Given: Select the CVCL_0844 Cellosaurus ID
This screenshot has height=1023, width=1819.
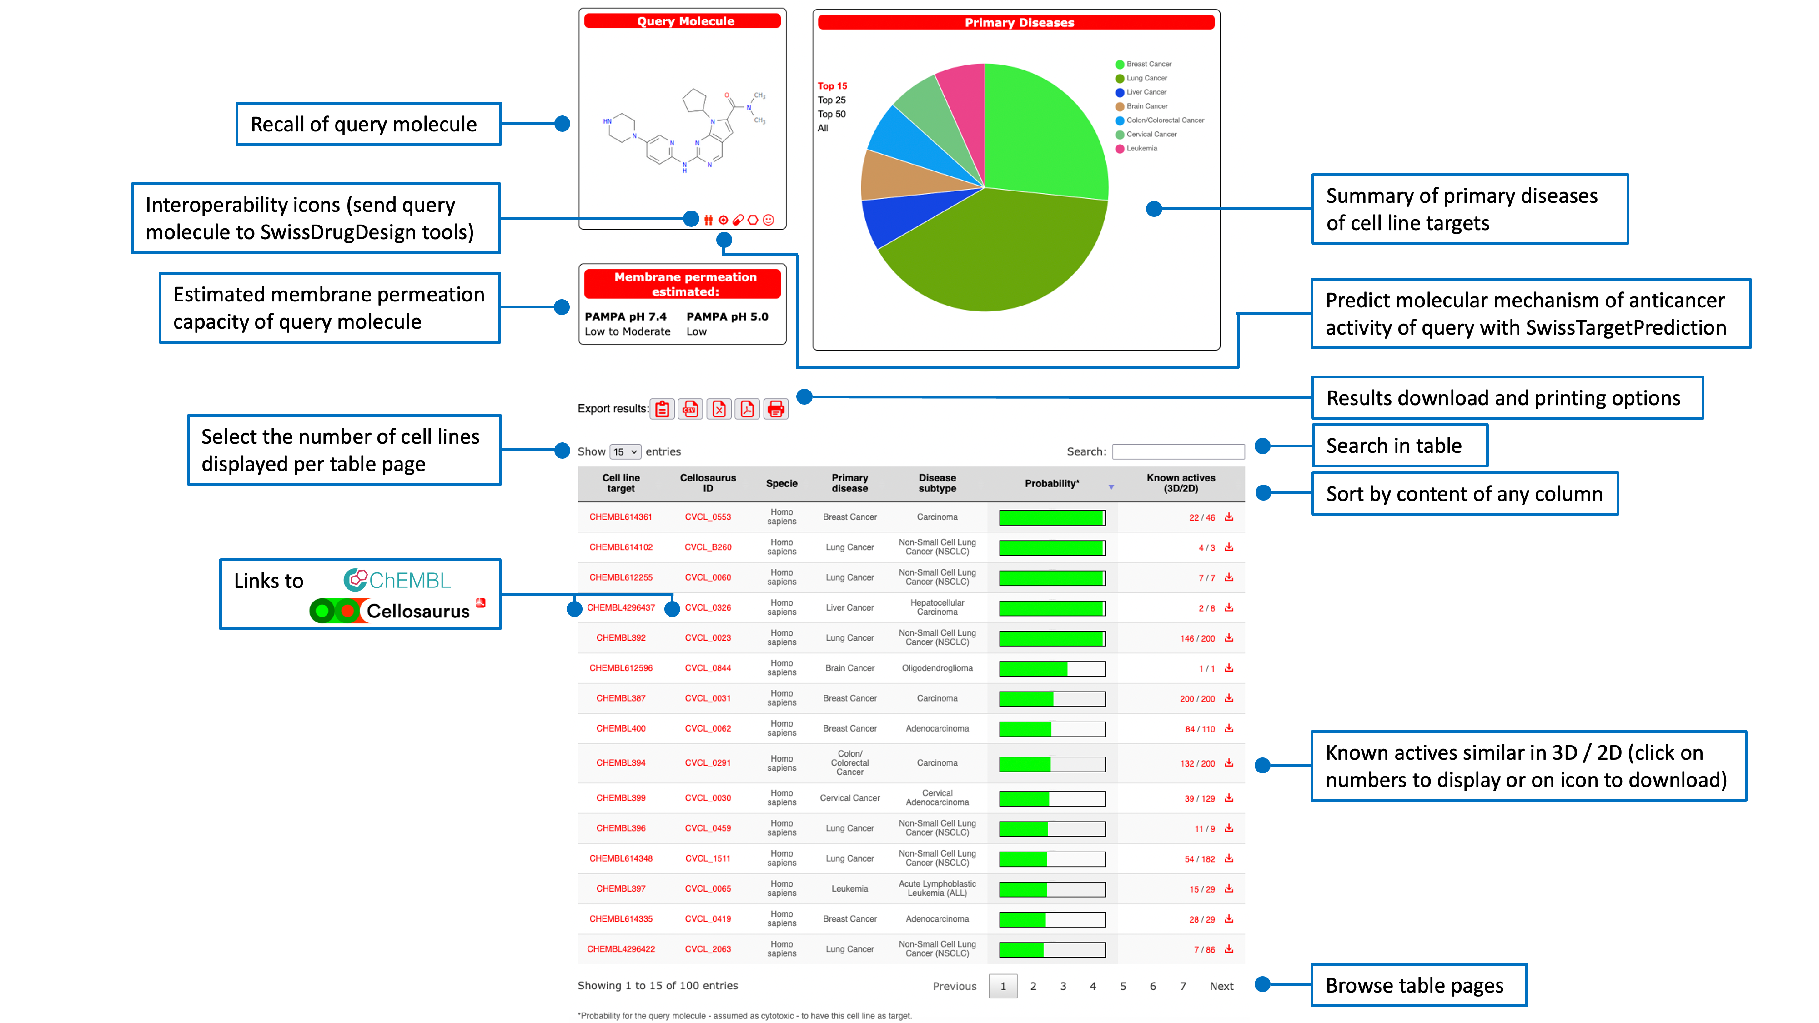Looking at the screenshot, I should tap(708, 668).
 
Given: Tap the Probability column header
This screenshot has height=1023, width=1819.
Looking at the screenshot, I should tap(1051, 484).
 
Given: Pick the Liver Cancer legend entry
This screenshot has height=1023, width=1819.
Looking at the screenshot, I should tap(1146, 92).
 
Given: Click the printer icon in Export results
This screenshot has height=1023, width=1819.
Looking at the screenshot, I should tap(775, 409).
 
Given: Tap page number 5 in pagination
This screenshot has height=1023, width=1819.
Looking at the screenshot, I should tap(1123, 986).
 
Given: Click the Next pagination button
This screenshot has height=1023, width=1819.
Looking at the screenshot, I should tap(1221, 986).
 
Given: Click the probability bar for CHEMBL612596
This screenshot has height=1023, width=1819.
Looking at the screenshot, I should tap(1051, 668).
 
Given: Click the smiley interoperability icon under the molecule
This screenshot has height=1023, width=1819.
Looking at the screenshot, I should tap(768, 220).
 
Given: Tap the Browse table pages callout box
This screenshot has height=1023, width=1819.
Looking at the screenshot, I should tap(1418, 985).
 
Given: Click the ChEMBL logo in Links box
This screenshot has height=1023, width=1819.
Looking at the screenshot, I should tap(397, 580).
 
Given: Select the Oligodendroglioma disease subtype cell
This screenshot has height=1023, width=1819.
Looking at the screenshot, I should tap(937, 668).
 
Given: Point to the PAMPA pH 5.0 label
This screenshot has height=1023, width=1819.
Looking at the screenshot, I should tap(727, 317).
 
